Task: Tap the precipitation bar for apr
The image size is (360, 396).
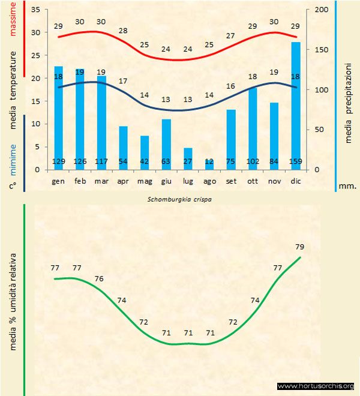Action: tap(123, 148)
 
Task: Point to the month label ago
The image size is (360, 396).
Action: tap(209, 181)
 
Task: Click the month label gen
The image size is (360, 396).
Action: tap(58, 181)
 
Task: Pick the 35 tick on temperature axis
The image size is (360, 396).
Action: tap(34, 10)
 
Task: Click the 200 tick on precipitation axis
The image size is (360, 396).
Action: tap(321, 10)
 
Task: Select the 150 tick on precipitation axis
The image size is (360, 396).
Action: tap(321, 50)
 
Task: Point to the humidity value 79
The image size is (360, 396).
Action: tap(301, 247)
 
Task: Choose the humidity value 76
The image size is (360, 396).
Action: tap(100, 279)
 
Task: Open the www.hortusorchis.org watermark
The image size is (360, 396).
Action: tap(316, 386)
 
